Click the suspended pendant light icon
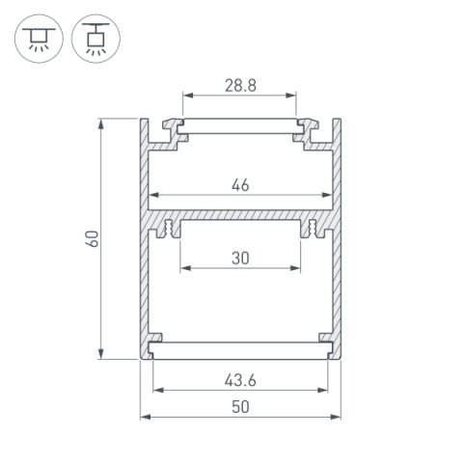coord(90,38)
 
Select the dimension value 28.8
coord(239,86)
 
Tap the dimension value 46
coord(240,186)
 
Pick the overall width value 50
coord(240,406)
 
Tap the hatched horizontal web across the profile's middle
coord(240,213)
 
